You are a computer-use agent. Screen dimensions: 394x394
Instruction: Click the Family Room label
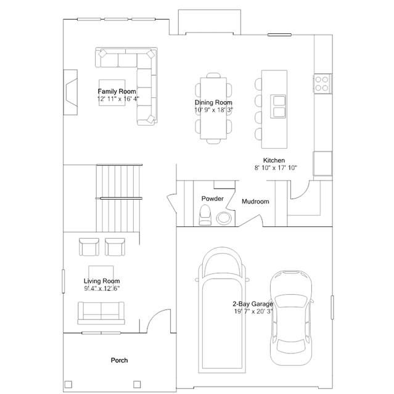[x=112, y=91]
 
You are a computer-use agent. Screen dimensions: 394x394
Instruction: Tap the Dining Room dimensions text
[x=213, y=109]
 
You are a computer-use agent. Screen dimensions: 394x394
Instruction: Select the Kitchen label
[x=274, y=160]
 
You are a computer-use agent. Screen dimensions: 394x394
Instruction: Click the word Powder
[x=212, y=199]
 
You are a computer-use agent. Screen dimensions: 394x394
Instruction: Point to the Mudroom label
[x=255, y=202]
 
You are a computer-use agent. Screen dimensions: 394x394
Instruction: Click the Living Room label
[x=102, y=281]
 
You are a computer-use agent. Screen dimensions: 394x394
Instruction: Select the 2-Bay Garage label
[x=252, y=305]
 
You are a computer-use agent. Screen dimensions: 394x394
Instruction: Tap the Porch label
[x=119, y=360]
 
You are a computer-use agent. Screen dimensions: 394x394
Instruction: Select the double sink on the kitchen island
[x=279, y=107]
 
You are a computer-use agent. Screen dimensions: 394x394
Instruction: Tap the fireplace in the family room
[x=72, y=92]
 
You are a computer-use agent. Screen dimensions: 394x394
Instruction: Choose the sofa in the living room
[x=102, y=312]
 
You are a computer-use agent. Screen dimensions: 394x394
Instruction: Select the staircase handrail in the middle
[x=121, y=199]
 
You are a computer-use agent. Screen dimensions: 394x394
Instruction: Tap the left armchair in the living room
[x=89, y=247]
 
